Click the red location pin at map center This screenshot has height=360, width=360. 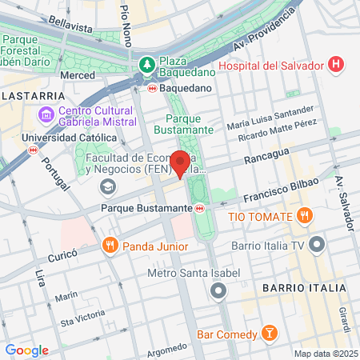[x=180, y=163]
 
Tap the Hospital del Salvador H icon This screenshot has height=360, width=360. [x=337, y=63]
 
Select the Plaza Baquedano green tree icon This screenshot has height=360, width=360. [x=146, y=63]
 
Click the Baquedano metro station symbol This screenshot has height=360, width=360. [x=152, y=87]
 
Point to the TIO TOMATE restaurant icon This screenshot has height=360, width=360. [x=304, y=215]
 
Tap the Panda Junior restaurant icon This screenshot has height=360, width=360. [x=110, y=246]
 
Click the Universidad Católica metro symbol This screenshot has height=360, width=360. [x=33, y=149]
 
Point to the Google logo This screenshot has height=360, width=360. [x=26, y=350]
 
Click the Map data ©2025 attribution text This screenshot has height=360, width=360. [x=325, y=354]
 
